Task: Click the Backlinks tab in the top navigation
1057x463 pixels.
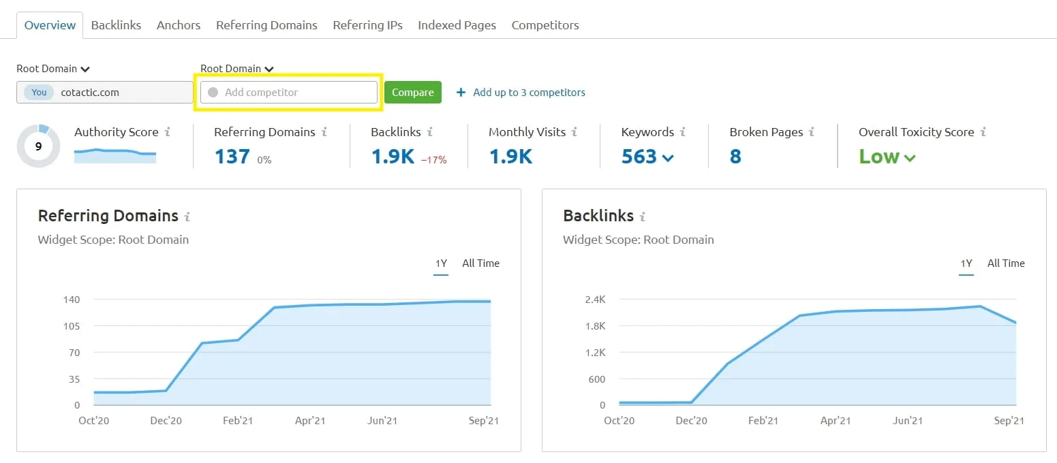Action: pyautogui.click(x=116, y=25)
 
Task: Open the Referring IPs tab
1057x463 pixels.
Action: pyautogui.click(x=367, y=25)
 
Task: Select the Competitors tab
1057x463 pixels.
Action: pyautogui.click(x=545, y=25)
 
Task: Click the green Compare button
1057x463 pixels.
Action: pyautogui.click(x=412, y=93)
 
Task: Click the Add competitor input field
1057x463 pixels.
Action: pyautogui.click(x=288, y=93)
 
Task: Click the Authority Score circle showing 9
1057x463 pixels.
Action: pyautogui.click(x=38, y=146)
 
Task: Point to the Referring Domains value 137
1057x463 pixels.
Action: pyautogui.click(x=232, y=157)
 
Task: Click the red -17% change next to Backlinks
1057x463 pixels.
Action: pyautogui.click(x=433, y=160)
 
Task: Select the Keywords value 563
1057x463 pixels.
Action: pyautogui.click(x=639, y=157)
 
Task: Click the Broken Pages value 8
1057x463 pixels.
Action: pyautogui.click(x=735, y=157)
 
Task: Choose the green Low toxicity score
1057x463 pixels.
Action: pyautogui.click(x=879, y=157)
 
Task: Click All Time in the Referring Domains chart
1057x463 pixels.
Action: pyautogui.click(x=480, y=264)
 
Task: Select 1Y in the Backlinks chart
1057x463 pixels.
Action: pyautogui.click(x=966, y=264)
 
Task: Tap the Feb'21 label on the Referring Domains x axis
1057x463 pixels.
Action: pyautogui.click(x=237, y=421)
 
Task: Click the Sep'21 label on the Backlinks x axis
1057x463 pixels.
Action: pyautogui.click(x=1009, y=421)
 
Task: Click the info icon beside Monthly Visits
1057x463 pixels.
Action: pyautogui.click(x=575, y=132)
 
